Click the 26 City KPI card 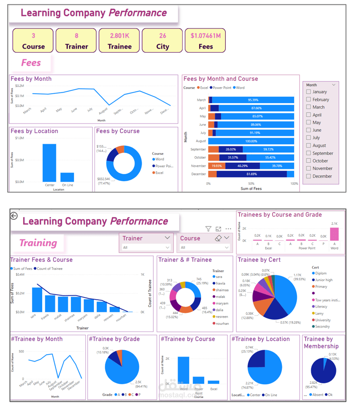[163, 40]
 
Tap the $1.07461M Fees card [205, 40]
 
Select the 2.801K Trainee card [120, 40]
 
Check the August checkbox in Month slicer [309, 145]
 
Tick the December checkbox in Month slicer [309, 176]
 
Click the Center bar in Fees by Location [49, 163]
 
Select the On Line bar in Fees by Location [67, 177]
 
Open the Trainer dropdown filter [168, 238]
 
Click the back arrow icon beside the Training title [14, 216]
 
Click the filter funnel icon [208, 229]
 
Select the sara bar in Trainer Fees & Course [37, 299]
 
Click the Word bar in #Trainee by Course [183, 370]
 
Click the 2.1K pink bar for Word [334, 234]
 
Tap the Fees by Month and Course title [221, 79]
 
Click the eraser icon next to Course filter [218, 238]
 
